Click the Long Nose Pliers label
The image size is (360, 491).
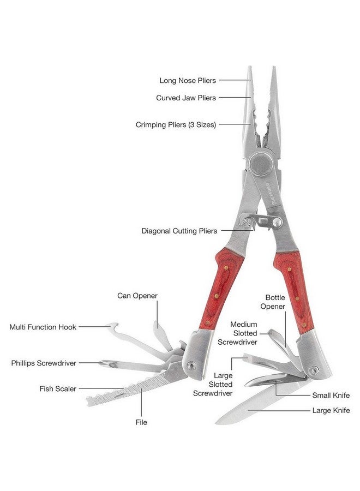coord(188,81)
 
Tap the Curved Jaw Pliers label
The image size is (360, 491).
coord(186,98)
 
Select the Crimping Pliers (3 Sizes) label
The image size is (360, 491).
coord(176,124)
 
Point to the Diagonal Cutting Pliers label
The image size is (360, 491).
coord(179,231)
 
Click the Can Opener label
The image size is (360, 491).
coord(137,296)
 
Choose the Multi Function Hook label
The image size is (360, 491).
coord(43,327)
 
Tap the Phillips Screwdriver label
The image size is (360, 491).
coord(44,363)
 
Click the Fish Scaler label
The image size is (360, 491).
coord(58,388)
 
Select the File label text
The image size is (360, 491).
coord(141,422)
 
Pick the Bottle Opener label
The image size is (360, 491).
coord(273,302)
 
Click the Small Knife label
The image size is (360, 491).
coord(331,395)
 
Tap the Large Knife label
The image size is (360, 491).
coord(331,410)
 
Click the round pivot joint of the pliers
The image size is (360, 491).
coord(260,164)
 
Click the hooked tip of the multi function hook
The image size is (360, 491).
coord(112,326)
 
